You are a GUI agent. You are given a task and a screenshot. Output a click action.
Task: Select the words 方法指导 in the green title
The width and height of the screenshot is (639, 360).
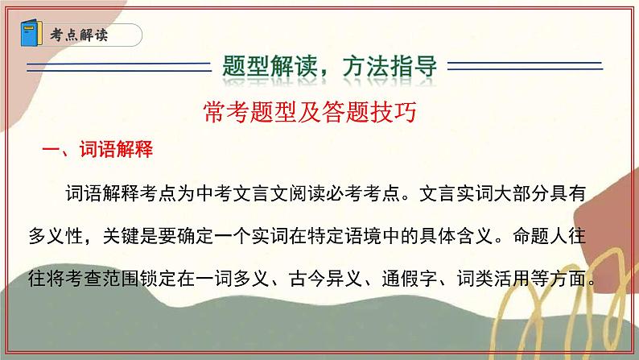click(396, 66)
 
